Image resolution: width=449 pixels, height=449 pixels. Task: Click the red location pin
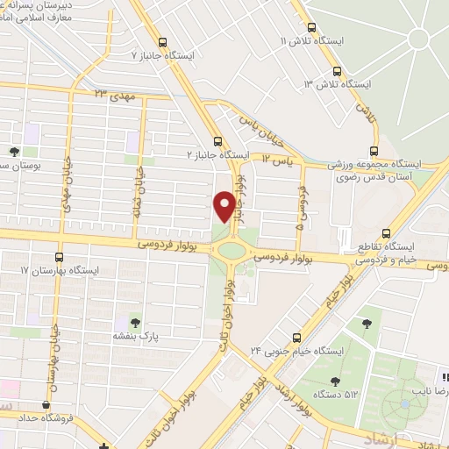pos(224,206)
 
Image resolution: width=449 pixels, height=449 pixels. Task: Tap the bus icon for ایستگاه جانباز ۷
pos(162,41)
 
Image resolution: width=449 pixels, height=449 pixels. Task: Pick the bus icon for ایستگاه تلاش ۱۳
pos(338,72)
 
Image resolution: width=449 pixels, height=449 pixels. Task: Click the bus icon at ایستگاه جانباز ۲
pos(217,141)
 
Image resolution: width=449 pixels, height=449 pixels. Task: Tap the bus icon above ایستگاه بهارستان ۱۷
pos(59,257)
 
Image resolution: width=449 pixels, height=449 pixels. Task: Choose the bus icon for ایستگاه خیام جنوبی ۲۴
pos(296,336)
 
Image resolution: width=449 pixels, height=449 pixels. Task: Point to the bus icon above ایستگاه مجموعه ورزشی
pos(374,150)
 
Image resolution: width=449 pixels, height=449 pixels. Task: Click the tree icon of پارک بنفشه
pos(134,322)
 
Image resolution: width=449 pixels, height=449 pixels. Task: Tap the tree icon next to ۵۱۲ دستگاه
pos(334,381)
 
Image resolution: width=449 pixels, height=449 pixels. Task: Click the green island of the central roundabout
pos(232,251)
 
